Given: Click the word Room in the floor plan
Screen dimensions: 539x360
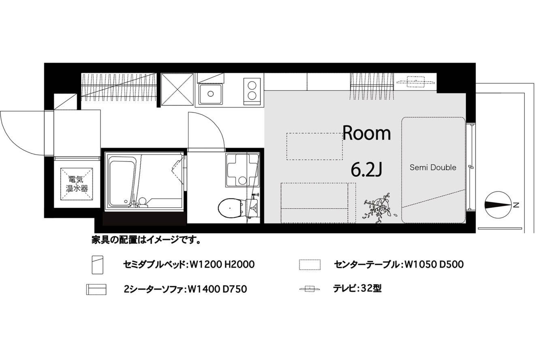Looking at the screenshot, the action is tap(366, 133).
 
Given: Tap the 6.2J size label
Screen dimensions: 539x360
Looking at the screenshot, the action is tap(366, 169).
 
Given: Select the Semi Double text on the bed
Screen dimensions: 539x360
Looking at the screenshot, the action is tap(433, 167).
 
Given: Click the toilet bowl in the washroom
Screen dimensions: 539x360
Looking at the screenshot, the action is tap(230, 208).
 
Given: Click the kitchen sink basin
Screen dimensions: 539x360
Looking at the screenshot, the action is tap(211, 94).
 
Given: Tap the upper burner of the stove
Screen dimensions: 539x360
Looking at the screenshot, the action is tap(252, 86).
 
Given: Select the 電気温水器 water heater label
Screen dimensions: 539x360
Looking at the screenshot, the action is tap(77, 184).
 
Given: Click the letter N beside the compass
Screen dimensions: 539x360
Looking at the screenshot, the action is tap(515, 205).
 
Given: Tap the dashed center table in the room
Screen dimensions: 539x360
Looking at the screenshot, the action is tap(314, 146).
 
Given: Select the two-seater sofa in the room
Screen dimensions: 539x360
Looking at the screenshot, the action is tap(318, 203).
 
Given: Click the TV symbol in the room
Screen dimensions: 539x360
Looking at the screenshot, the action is tap(416, 82).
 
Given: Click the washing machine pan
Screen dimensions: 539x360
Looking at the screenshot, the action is tap(242, 170).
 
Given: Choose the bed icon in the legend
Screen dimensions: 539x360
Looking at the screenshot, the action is tap(97, 265).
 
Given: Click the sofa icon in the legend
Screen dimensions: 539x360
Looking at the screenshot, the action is tap(96, 289).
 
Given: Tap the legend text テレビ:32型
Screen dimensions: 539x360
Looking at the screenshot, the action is tap(357, 288).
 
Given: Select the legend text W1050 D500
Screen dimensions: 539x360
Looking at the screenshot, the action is tap(434, 264).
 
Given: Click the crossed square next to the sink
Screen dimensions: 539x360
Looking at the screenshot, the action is tap(177, 90).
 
